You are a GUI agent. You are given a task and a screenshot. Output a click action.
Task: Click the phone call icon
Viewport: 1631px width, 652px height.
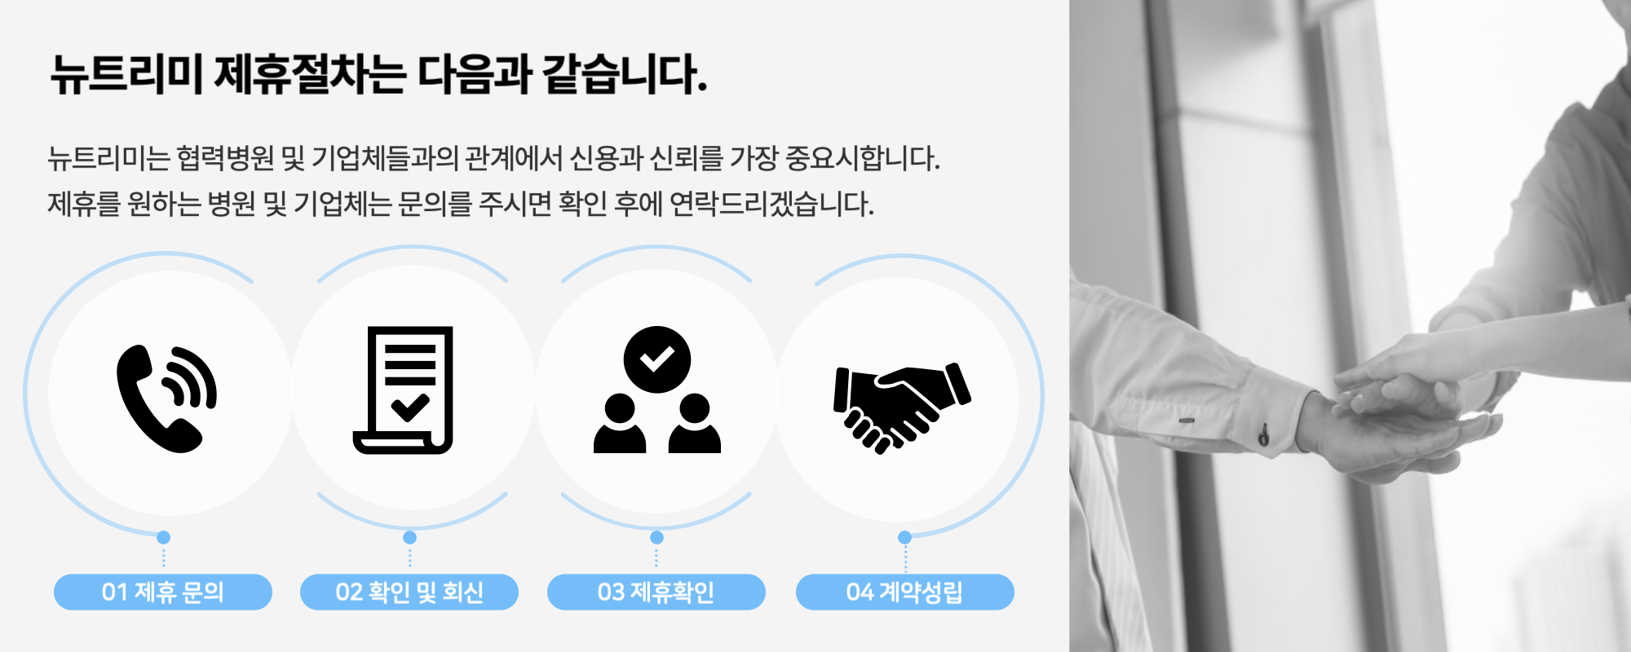click(166, 398)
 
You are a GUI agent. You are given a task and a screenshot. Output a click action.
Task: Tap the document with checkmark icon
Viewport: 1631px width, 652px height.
click(403, 390)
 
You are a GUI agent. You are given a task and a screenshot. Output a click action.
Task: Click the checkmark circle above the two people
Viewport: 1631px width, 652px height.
click(657, 359)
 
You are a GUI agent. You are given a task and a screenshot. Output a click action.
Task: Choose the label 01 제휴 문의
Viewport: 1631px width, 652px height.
click(163, 592)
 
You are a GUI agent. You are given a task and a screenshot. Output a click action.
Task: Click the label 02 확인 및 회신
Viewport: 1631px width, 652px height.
click(409, 592)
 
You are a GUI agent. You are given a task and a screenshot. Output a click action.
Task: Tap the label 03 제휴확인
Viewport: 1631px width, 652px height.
click(656, 592)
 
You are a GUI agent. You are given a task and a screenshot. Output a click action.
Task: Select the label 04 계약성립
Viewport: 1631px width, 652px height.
click(905, 592)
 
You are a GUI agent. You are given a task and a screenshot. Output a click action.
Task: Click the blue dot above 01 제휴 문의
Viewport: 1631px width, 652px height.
click(164, 537)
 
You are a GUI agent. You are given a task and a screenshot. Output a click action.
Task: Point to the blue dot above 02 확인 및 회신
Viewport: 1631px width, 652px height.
click(410, 537)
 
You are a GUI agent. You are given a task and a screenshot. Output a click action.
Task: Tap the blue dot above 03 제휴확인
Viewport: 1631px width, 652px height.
click(656, 537)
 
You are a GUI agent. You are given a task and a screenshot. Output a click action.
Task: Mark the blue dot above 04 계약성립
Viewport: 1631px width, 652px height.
click(904, 537)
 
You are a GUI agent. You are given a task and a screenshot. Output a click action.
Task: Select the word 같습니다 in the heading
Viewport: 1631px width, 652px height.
click(624, 74)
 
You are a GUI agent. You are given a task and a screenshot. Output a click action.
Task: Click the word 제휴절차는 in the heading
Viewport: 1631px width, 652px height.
click(310, 74)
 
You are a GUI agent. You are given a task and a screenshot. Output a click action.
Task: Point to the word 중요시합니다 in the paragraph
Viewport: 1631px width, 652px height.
click(863, 157)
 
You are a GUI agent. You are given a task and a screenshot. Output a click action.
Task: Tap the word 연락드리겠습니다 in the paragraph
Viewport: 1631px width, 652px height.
click(771, 203)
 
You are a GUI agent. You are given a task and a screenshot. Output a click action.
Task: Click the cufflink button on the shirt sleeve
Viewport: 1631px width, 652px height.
click(1263, 435)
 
